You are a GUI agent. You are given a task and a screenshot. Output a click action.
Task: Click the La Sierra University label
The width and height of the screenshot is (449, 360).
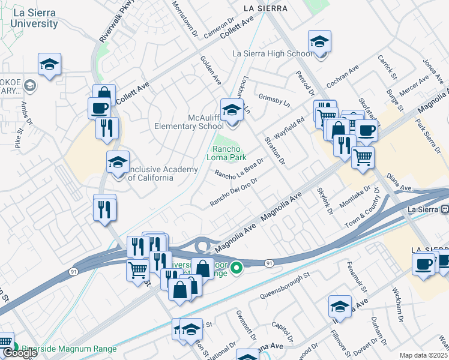click(x=34, y=18)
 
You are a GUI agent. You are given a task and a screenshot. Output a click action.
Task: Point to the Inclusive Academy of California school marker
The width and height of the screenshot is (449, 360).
click(x=118, y=162)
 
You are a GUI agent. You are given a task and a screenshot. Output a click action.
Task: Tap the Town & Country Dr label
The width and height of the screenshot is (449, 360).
click(x=362, y=208)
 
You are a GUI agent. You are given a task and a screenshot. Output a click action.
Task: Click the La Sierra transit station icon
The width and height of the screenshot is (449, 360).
click(x=445, y=209)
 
